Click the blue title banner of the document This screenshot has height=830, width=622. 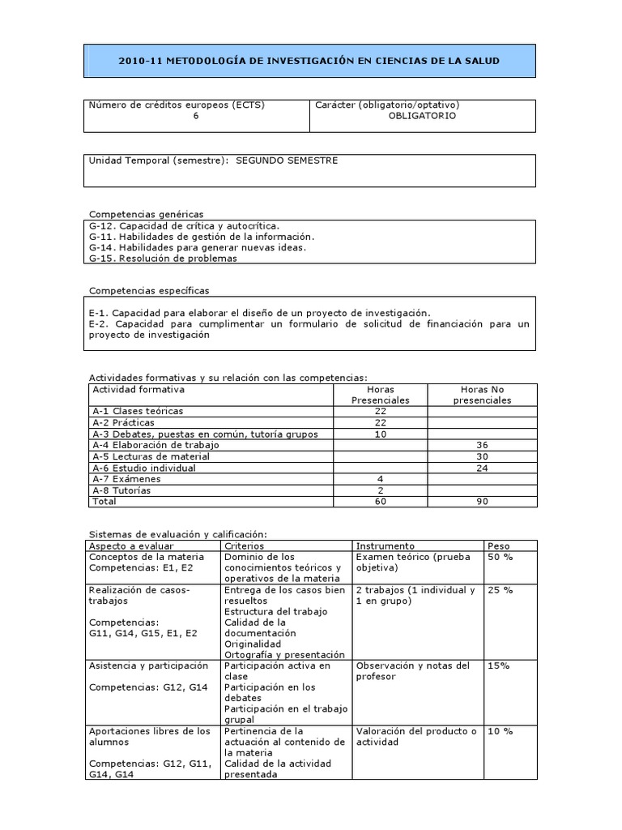tap(309, 61)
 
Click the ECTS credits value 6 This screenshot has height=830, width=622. tap(196, 116)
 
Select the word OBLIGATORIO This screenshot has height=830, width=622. tap(422, 116)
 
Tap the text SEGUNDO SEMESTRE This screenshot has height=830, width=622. tap(287, 160)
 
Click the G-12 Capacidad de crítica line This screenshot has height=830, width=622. tap(184, 225)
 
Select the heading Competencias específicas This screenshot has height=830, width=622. tap(148, 290)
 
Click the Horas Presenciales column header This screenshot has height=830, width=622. tap(381, 395)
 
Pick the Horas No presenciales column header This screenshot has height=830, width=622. tap(482, 395)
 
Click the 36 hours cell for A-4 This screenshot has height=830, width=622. tap(482, 445)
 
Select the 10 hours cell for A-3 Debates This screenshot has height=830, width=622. tap(381, 434)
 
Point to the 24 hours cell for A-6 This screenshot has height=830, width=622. tap(482, 468)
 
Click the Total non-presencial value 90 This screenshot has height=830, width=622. tap(482, 502)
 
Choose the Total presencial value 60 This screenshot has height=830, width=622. tap(381, 502)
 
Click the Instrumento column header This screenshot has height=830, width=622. tap(386, 546)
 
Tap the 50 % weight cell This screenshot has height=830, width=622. tap(500, 558)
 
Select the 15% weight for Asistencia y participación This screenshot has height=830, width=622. tap(498, 665)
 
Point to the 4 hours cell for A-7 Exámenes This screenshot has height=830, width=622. tap(381, 479)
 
